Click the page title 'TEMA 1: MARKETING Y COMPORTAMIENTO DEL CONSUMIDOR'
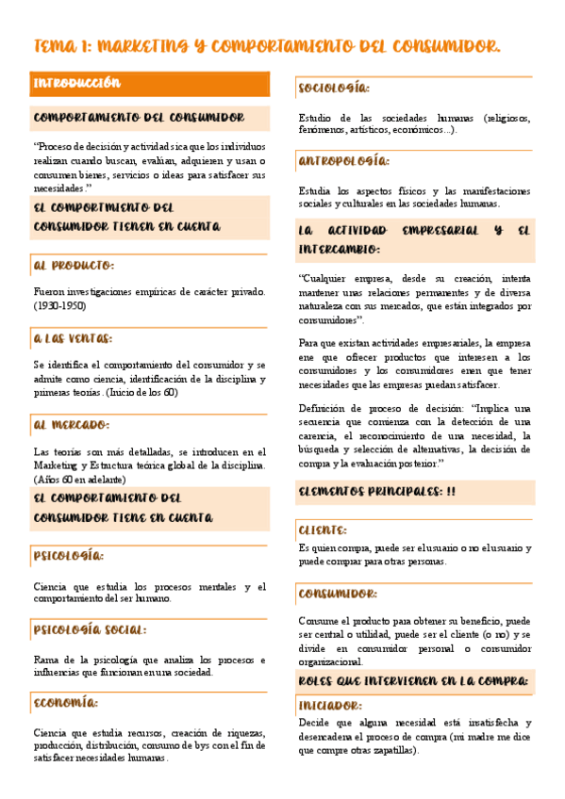click(267, 46)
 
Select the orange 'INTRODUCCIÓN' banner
click(77, 83)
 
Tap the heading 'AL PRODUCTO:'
click(74, 266)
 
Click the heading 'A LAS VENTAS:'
click(73, 338)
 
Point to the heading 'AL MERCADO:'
click(71, 425)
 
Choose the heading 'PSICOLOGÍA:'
click(68, 556)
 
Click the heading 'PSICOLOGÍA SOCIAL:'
click(90, 629)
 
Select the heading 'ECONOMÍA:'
click(66, 703)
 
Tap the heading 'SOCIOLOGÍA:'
click(333, 89)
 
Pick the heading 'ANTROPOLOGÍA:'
click(342, 161)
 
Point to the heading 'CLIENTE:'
click(323, 530)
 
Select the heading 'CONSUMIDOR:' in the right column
click(338, 594)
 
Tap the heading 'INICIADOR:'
click(331, 705)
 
